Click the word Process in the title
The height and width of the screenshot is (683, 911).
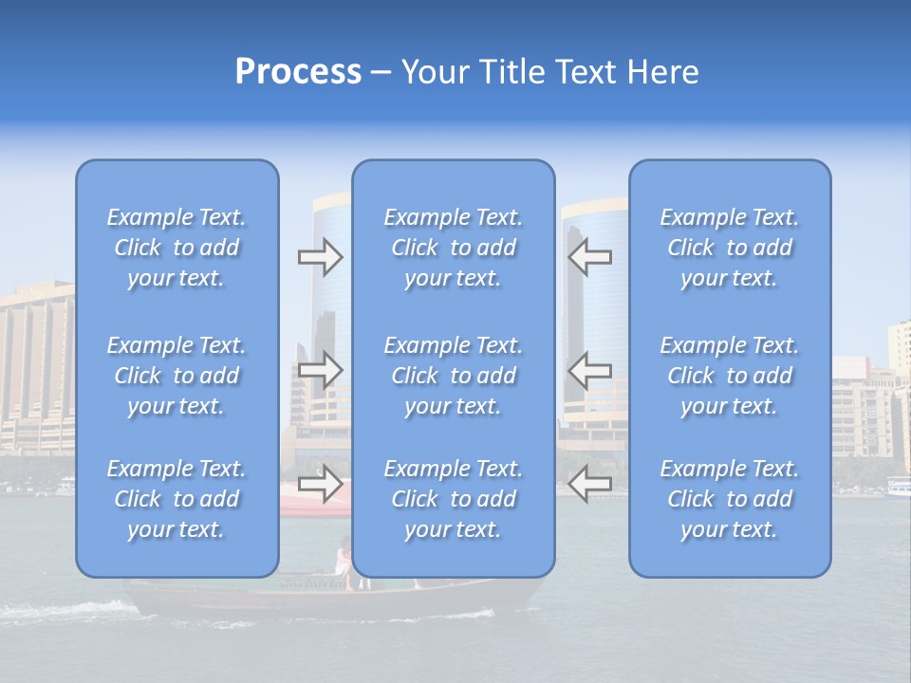(x=298, y=72)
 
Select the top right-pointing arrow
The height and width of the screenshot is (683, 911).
(x=320, y=257)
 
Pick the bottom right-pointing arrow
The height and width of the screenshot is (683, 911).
(x=320, y=484)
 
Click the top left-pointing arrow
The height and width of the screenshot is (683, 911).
(x=589, y=257)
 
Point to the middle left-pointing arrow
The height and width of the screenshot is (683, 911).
(x=589, y=370)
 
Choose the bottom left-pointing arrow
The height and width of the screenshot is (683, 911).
(x=589, y=484)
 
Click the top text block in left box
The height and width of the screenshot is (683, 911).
(x=177, y=248)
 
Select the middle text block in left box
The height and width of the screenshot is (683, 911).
(x=177, y=376)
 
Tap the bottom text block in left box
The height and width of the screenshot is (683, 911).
(x=177, y=499)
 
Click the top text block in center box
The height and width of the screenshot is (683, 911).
(x=454, y=248)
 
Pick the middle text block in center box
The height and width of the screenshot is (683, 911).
(x=454, y=376)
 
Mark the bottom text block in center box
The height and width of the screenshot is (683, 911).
(x=454, y=499)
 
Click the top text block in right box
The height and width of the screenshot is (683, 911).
(x=730, y=248)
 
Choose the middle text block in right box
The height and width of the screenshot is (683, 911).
(x=730, y=376)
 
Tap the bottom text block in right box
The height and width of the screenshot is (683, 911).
(x=730, y=499)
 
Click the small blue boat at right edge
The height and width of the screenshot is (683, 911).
(x=897, y=489)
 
